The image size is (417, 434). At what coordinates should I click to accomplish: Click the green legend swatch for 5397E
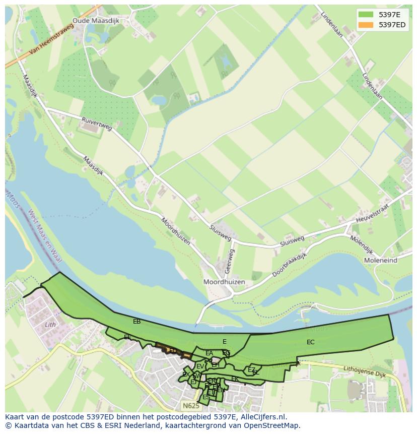(366, 15)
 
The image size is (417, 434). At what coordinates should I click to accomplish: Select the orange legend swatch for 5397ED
(366, 25)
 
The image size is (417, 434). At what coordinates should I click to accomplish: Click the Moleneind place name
(380, 260)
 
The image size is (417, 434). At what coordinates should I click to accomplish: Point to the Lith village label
(50, 325)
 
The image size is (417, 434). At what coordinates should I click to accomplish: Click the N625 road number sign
(190, 405)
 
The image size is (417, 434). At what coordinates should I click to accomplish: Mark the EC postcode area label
(310, 342)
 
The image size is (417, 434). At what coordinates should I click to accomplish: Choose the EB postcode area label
(136, 321)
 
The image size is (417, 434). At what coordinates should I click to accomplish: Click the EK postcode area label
(235, 379)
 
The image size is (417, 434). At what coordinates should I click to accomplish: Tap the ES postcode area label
(206, 398)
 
